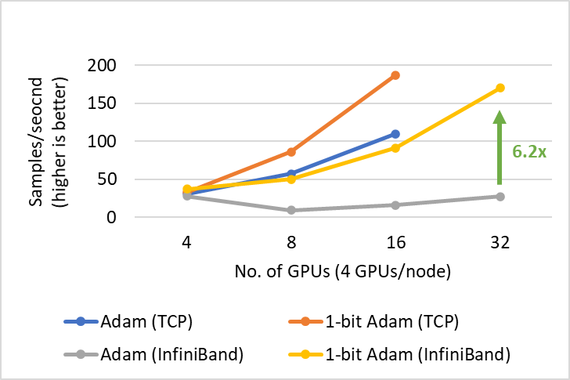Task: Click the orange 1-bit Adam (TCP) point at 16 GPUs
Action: pyautogui.click(x=395, y=75)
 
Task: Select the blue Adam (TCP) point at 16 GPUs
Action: pyautogui.click(x=395, y=134)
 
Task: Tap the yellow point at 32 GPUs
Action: pyautogui.click(x=500, y=88)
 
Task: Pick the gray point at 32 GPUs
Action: pyautogui.click(x=500, y=196)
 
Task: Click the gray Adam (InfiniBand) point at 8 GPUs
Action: pyautogui.click(x=291, y=210)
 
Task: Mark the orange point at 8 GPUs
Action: pyautogui.click(x=291, y=151)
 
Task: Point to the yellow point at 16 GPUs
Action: pyautogui.click(x=395, y=148)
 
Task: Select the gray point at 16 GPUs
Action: pyautogui.click(x=395, y=205)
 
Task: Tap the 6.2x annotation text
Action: pyautogui.click(x=529, y=151)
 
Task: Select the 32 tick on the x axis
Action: pyautogui.click(x=500, y=243)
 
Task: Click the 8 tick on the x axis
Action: pyautogui.click(x=291, y=243)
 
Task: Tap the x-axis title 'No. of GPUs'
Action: pyautogui.click(x=342, y=273)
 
